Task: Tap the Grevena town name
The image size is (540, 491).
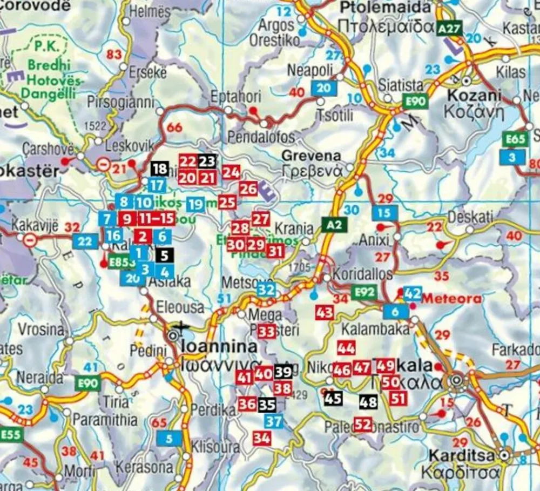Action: point(311,156)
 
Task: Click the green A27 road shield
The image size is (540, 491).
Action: point(450,28)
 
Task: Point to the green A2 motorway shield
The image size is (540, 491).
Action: point(333,224)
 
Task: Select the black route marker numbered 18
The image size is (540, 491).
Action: point(160,169)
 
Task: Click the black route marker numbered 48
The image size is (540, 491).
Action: point(368,402)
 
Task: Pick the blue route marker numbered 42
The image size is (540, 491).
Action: point(413,293)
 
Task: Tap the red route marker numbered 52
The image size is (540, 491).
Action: point(363,425)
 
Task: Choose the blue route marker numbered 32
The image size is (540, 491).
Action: point(266,290)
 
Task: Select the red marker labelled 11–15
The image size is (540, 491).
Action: point(157,219)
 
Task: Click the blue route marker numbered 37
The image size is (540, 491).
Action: point(274,421)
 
